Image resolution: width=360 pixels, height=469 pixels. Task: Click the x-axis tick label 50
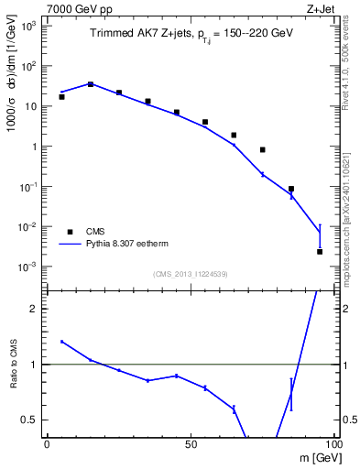[191, 443]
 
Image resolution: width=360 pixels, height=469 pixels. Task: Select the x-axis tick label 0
[47, 443]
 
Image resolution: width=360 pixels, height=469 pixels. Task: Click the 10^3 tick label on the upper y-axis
[29, 26]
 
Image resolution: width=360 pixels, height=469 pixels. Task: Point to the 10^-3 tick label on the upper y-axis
[27, 267]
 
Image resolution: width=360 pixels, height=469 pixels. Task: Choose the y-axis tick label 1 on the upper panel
[33, 147]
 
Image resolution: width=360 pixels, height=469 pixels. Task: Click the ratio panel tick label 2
[36, 309]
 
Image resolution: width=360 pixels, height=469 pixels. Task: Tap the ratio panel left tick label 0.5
[31, 420]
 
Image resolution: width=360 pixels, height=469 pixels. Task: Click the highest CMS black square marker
[90, 83]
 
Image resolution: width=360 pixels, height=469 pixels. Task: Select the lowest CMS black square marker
[320, 251]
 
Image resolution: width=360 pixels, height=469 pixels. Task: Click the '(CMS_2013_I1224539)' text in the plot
[191, 273]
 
